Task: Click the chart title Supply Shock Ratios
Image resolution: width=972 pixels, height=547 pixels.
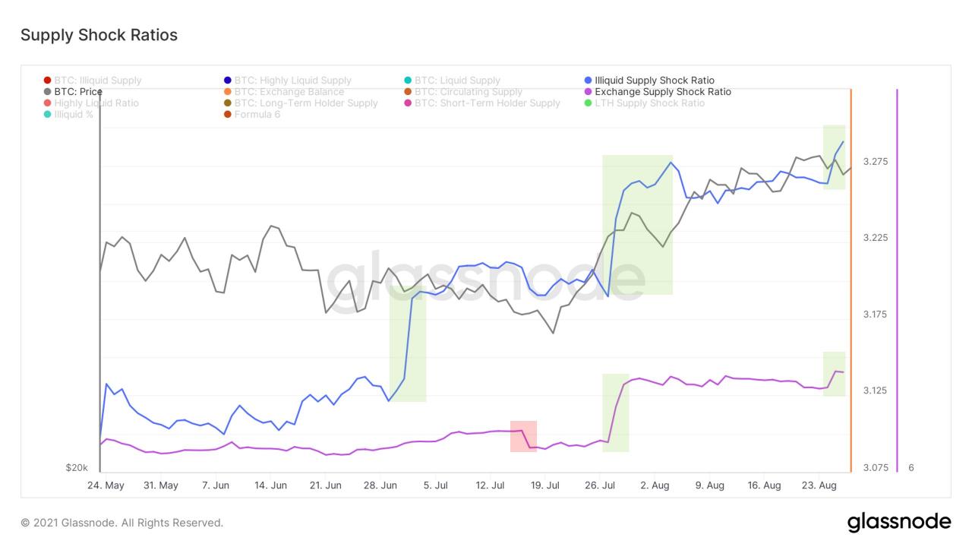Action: (x=99, y=35)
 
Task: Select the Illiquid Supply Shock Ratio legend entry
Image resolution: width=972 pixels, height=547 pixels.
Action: (x=654, y=81)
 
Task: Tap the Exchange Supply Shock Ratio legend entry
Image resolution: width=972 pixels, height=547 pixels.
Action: (x=662, y=92)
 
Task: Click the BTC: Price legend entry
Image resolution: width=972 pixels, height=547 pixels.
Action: (x=77, y=92)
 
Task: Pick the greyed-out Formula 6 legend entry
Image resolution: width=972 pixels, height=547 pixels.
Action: (x=257, y=115)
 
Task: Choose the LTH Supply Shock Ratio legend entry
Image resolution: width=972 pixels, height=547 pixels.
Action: (x=649, y=103)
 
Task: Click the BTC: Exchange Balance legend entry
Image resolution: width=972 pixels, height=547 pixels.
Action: (x=289, y=92)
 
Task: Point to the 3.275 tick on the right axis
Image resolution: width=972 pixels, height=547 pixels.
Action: (x=875, y=162)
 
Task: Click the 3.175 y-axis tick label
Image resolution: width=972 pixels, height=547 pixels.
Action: (x=875, y=315)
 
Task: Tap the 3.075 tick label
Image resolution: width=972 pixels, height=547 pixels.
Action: (x=875, y=468)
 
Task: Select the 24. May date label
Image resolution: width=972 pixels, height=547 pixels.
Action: (x=106, y=485)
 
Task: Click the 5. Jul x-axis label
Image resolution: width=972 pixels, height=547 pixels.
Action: (x=435, y=485)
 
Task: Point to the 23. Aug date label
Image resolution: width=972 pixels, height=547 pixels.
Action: (x=819, y=485)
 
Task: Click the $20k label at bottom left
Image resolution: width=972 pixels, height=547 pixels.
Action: (x=77, y=468)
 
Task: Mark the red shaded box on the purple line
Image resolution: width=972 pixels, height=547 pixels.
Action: (x=523, y=436)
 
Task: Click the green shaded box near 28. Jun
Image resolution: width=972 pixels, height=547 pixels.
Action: (x=408, y=343)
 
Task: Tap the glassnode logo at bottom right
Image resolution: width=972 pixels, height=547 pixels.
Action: (x=898, y=522)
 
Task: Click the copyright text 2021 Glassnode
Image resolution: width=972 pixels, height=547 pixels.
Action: (x=121, y=523)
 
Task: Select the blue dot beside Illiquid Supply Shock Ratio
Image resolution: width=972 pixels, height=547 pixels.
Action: (x=589, y=81)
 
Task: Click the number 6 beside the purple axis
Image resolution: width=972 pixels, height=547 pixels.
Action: (x=911, y=468)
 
